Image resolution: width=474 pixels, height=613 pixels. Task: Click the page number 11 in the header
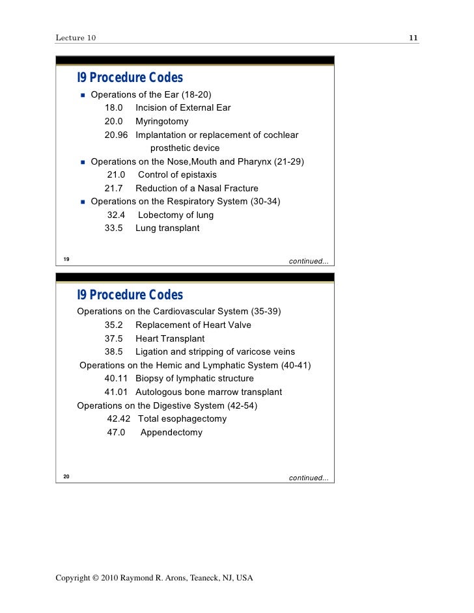click(413, 38)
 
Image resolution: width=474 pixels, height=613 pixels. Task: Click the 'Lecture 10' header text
click(76, 38)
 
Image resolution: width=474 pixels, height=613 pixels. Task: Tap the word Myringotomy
click(161, 121)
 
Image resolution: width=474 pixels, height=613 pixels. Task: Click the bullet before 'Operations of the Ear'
click(83, 94)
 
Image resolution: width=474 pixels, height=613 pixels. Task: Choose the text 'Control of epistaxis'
click(177, 174)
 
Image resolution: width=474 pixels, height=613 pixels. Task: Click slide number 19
click(66, 260)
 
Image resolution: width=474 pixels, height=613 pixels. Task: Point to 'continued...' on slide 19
click(309, 262)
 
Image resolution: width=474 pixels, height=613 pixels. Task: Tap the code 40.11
click(116, 378)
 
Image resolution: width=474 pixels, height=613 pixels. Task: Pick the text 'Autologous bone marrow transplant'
click(208, 392)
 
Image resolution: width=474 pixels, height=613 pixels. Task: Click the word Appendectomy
click(171, 432)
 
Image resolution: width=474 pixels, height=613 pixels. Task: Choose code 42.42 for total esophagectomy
click(118, 418)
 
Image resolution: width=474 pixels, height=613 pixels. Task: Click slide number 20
click(66, 477)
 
